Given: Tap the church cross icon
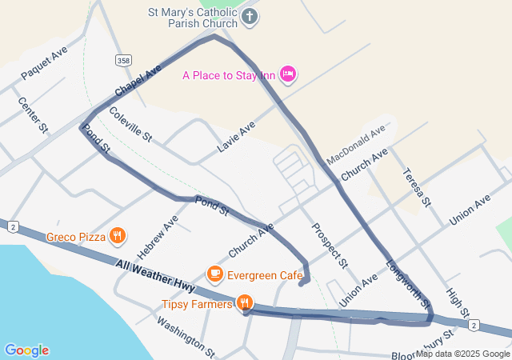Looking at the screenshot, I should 250,17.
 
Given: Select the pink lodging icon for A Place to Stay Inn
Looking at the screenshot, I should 289,74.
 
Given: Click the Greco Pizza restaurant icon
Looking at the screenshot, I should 118,235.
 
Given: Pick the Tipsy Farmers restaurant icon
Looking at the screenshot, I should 245,303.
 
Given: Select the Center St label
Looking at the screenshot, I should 33,116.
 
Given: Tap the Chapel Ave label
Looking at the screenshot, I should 138,78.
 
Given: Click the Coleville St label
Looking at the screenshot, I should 130,125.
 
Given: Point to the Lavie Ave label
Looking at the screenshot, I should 236,137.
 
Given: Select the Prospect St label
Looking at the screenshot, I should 330,245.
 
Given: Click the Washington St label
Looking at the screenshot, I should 186,337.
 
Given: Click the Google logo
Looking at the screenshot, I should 26,350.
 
